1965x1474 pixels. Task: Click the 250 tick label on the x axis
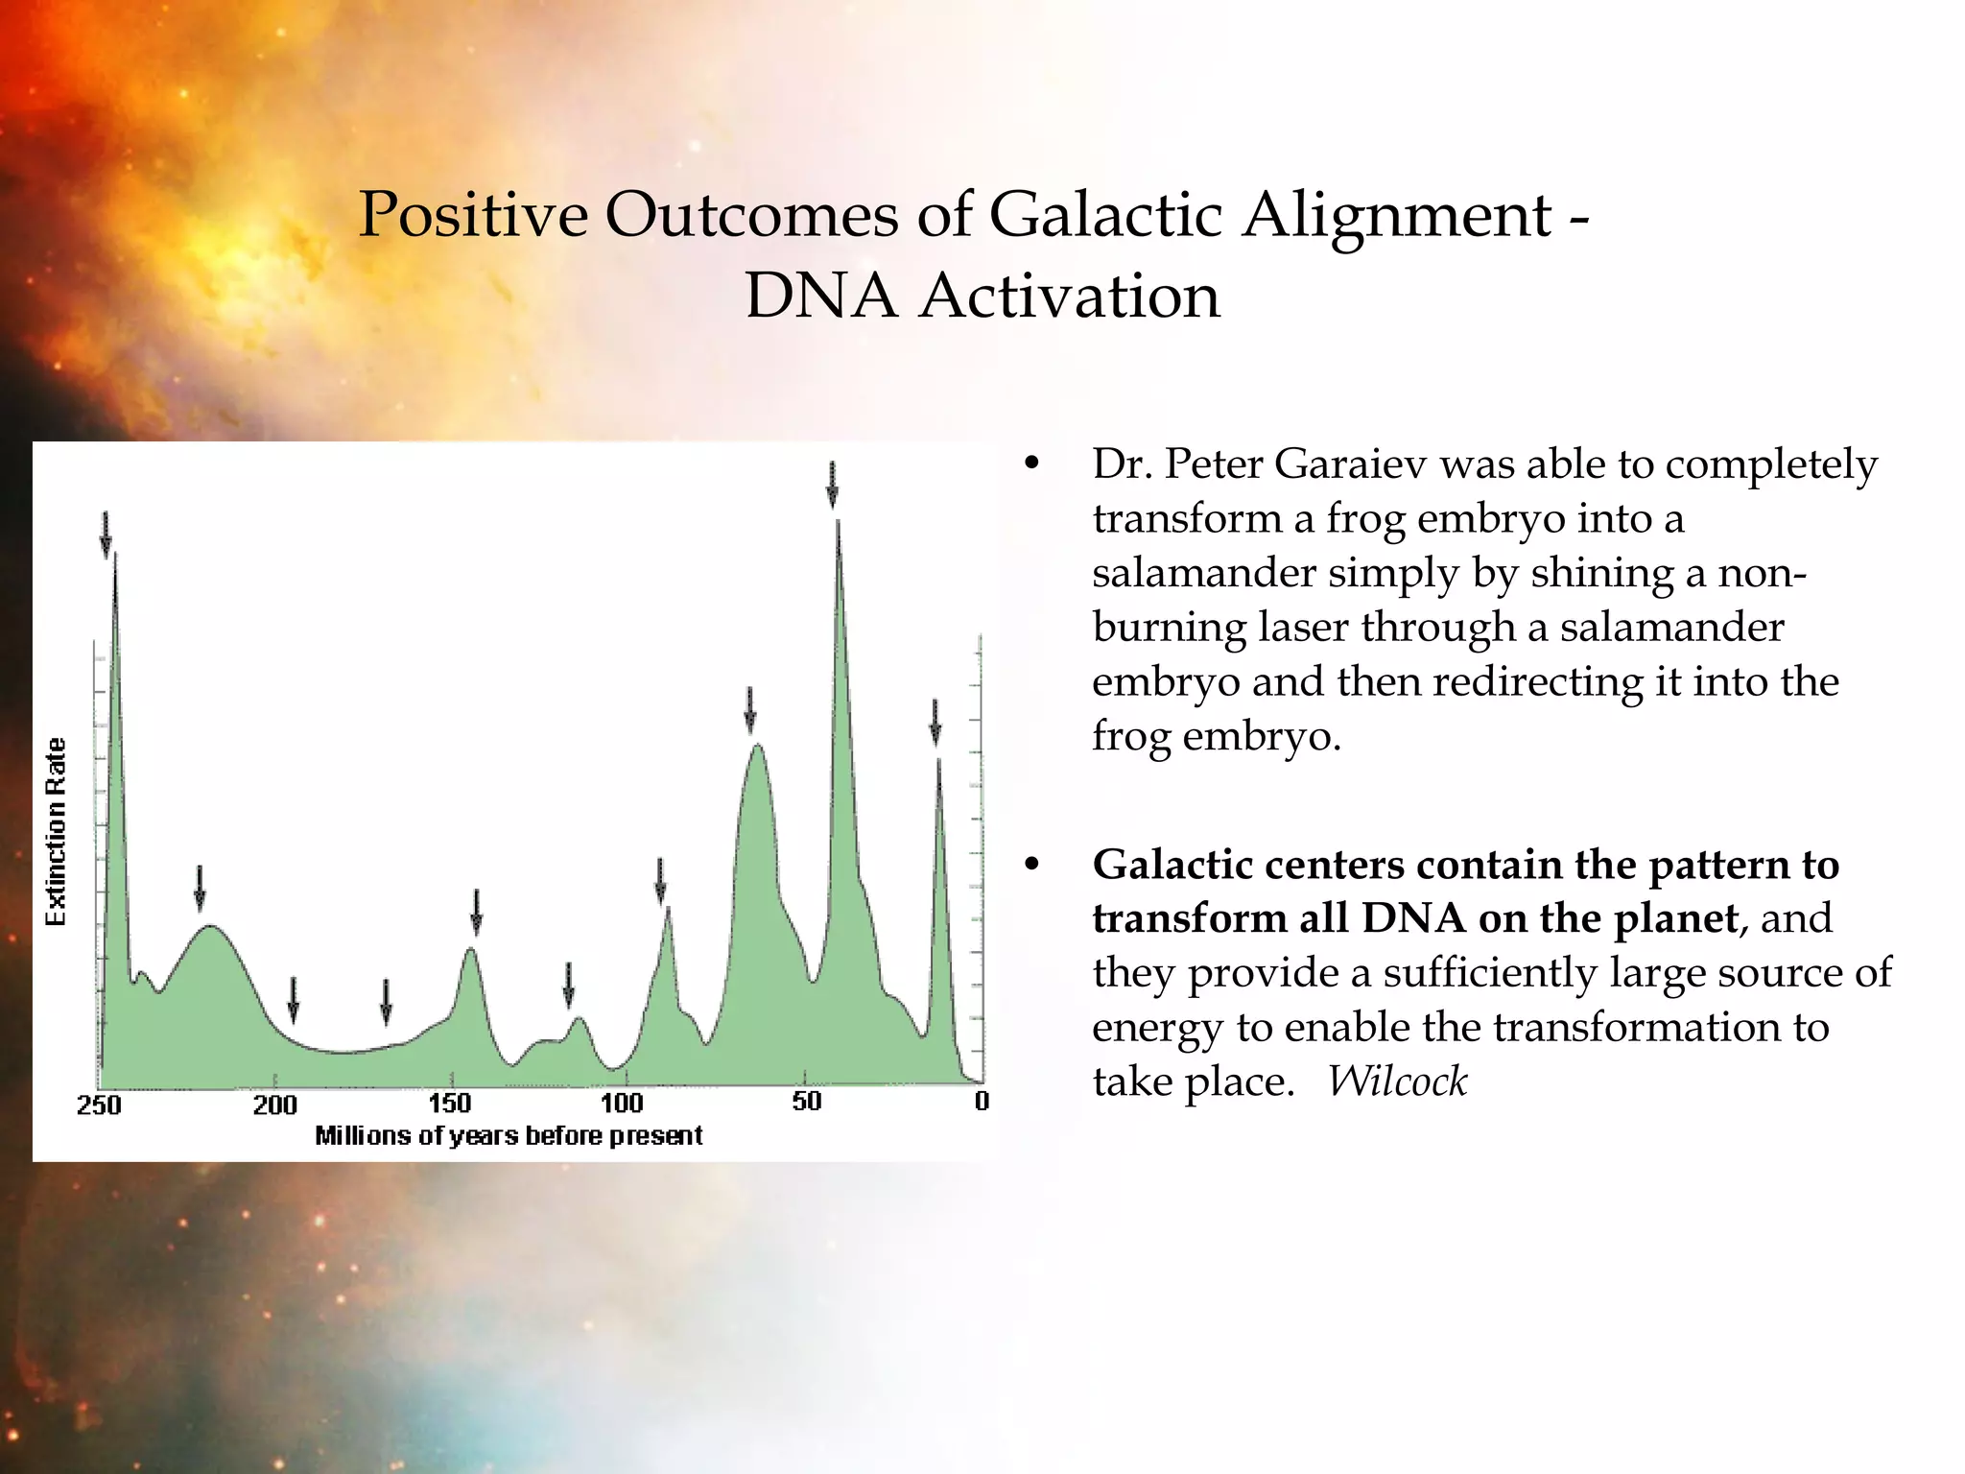pos(99,1105)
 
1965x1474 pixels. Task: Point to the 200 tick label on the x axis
pos(275,1105)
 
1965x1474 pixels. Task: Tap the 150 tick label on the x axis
pos(450,1103)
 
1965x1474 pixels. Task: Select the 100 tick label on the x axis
pos(622,1103)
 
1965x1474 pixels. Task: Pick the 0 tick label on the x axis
pos(981,1101)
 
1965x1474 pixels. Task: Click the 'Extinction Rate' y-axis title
pos(57,831)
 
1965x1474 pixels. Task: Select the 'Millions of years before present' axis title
pos(509,1136)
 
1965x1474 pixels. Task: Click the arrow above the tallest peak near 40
pos(832,484)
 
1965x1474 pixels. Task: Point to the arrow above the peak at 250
pos(106,534)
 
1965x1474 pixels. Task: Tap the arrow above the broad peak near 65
pos(750,709)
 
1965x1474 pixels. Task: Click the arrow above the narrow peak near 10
pos(935,722)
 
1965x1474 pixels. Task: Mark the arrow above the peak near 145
pos(476,912)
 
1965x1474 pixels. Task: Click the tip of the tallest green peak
pos(839,523)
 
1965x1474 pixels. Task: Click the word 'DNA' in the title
pos(820,296)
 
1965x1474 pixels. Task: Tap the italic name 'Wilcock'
pos(1397,1082)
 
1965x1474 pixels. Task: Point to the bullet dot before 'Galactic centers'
pos(1031,865)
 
